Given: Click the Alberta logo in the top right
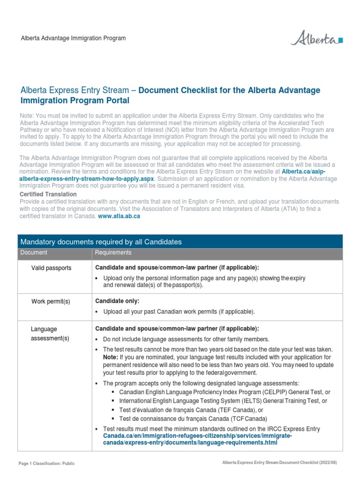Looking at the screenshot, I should point(316,38).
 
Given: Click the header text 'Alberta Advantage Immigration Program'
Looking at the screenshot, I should point(72,38).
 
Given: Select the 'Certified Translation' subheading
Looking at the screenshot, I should point(48,194).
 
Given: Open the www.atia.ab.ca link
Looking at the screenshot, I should point(119,216).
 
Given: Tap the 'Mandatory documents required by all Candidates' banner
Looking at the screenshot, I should point(100,242).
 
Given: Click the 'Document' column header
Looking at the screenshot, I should point(33,253).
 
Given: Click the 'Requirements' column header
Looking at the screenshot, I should point(113,253).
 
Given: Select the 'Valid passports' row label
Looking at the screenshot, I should point(51,268).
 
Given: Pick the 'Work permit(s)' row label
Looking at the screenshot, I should point(51,301).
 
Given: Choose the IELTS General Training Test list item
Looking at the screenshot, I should point(223,401).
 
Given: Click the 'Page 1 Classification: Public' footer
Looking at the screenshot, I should point(46,464).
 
